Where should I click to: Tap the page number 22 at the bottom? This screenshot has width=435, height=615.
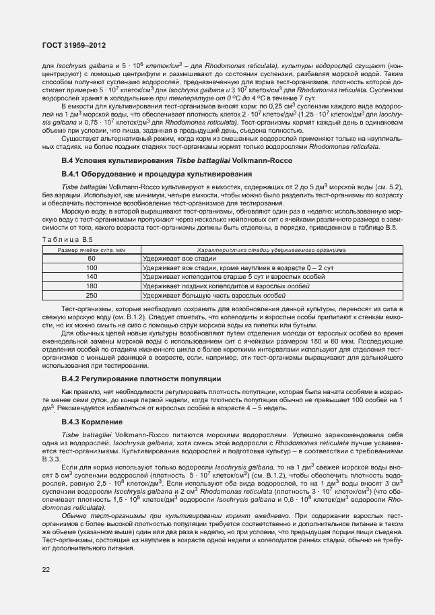pos(46,570)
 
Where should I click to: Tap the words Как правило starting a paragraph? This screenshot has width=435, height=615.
pos(78,392)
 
